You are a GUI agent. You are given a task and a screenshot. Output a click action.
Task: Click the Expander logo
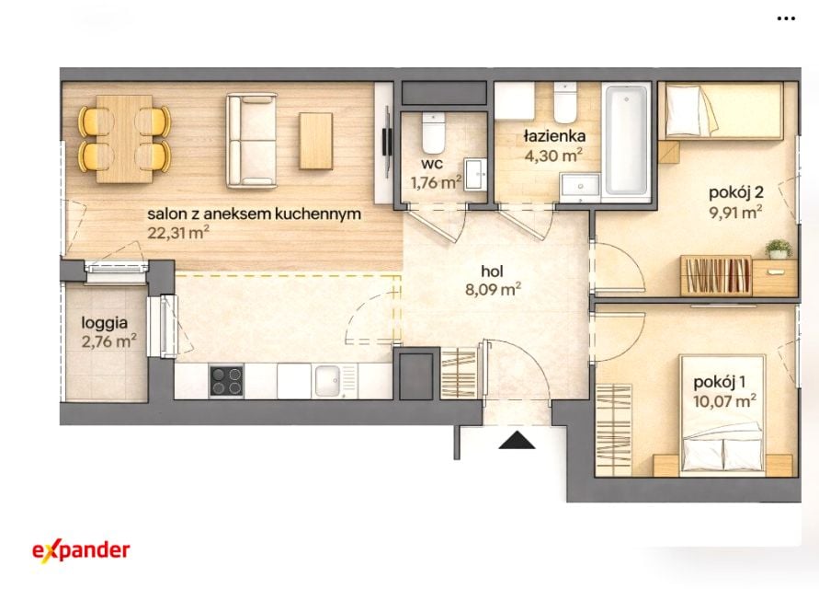click(x=81, y=551)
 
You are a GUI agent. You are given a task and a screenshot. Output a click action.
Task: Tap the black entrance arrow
click(x=517, y=441)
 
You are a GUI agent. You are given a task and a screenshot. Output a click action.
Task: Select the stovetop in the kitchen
click(x=226, y=380)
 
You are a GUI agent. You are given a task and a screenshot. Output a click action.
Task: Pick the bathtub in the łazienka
click(x=626, y=140)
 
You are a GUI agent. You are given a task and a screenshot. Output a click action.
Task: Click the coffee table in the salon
click(x=316, y=141)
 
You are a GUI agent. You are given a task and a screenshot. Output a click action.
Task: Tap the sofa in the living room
click(x=251, y=140)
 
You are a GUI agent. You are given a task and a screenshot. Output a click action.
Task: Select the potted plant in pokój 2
click(x=779, y=249)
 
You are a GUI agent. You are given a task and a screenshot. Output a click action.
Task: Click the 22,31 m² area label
click(x=178, y=232)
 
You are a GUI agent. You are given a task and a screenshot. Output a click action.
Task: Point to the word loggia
click(x=105, y=323)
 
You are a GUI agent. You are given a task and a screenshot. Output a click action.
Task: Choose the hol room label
click(x=492, y=271)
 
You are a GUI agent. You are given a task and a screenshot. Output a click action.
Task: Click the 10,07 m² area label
click(x=724, y=401)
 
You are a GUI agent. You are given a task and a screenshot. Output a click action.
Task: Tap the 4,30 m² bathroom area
click(x=553, y=156)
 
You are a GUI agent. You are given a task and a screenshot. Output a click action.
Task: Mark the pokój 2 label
click(x=736, y=192)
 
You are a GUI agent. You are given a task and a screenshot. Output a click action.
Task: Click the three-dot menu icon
click(x=786, y=18)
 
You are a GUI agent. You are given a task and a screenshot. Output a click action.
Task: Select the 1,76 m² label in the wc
click(x=436, y=182)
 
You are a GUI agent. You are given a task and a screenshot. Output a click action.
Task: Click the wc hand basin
click(x=476, y=174)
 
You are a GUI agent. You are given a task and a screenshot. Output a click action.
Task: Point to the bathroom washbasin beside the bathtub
click(x=580, y=186)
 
